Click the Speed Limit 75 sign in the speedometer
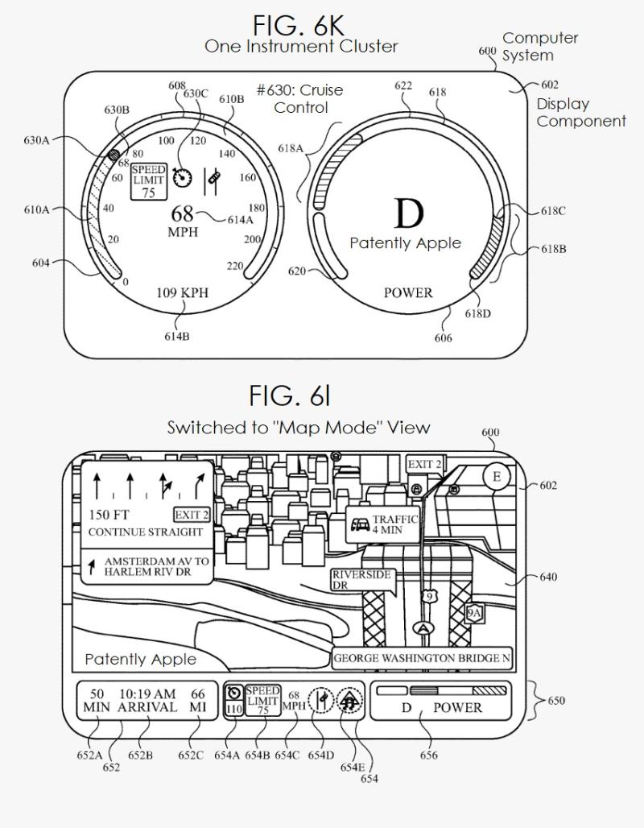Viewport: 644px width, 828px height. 148,181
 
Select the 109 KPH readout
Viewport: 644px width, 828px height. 182,292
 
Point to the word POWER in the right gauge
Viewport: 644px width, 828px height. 407,292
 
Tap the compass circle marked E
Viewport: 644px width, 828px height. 496,478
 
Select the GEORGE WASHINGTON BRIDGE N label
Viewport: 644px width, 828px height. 423,658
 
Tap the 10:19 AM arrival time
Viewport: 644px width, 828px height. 147,701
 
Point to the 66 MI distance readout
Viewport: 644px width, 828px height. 198,701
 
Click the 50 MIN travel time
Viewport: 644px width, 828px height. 97,701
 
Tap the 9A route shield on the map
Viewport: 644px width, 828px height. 474,613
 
